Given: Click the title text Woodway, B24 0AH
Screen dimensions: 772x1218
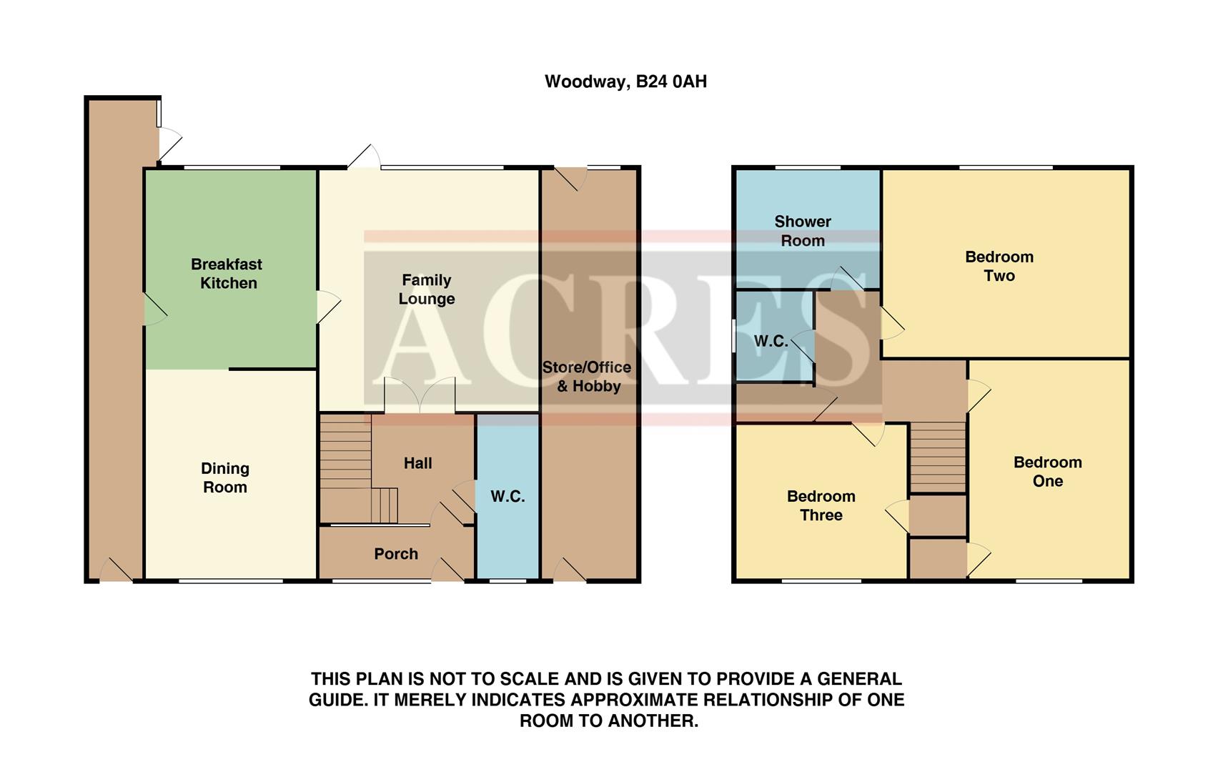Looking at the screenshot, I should pos(625,81).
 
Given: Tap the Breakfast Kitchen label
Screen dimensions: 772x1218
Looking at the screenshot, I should pos(227,274).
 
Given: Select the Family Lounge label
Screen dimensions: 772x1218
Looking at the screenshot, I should pos(426,289).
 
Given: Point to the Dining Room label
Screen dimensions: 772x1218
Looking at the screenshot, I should pos(224,477).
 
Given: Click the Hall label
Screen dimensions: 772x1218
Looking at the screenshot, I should pos(417,463).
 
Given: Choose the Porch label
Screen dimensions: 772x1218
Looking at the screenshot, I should pos(395,554).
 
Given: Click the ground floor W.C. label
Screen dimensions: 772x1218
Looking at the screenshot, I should pos(508,496).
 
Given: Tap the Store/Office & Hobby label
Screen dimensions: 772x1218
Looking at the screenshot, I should pos(587,377).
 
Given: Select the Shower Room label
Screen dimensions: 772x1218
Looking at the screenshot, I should pos(802,231).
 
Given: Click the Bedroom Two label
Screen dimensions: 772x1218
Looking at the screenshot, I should pos(999,266).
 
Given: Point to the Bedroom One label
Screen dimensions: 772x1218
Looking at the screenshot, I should pos(1047,471).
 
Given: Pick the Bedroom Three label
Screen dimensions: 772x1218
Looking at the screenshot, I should pos(821,505).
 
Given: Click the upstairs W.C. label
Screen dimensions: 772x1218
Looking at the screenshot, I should pos(771,342).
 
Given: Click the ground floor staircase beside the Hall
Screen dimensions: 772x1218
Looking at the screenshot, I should pos(346,457).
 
